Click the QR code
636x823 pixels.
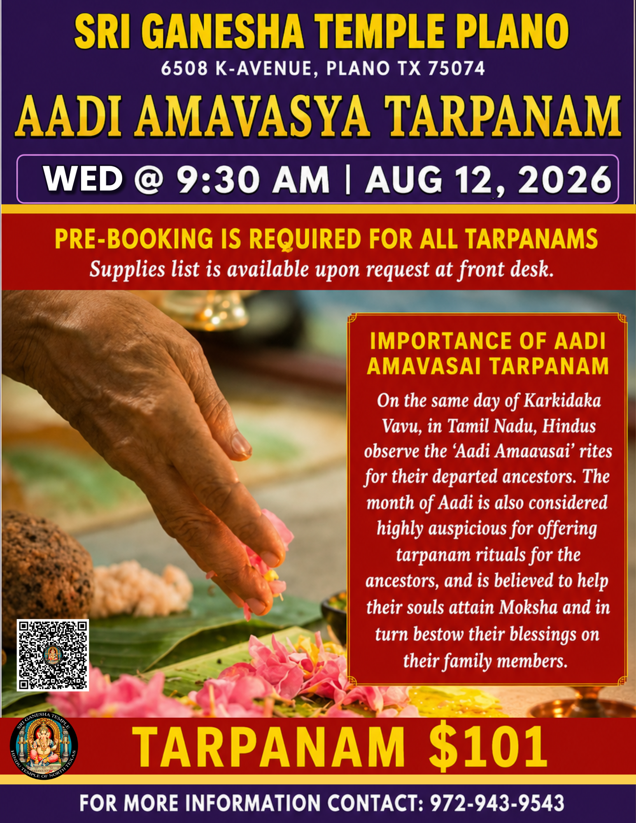click(53, 655)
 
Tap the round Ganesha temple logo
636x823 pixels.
click(44, 746)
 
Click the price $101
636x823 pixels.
click(488, 746)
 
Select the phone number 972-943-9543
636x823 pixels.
click(497, 803)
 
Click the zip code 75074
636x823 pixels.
click(457, 68)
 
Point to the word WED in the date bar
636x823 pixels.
click(83, 179)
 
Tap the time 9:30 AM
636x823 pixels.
click(253, 180)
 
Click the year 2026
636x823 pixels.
click(565, 180)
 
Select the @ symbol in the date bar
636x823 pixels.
click(149, 180)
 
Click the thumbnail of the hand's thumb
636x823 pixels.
click(241, 444)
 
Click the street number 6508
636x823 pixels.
click(184, 68)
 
